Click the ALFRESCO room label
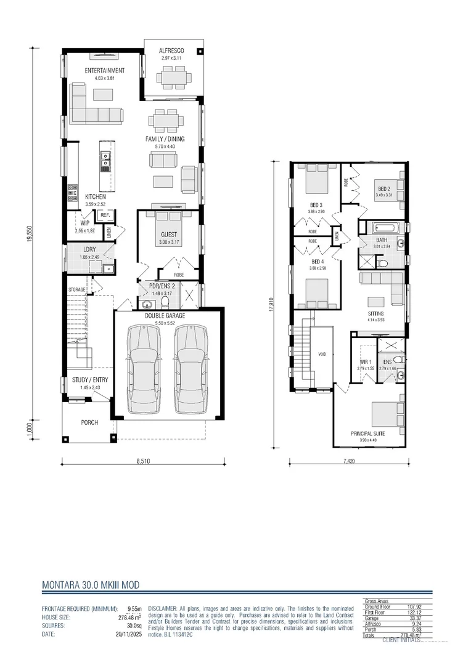click(173, 49)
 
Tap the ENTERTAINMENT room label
click(105, 70)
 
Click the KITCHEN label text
click(96, 196)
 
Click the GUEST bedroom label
click(168, 235)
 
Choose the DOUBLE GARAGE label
click(165, 315)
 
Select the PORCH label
click(89, 422)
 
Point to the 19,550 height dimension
click(29, 232)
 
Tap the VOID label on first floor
click(322, 355)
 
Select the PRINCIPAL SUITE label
click(368, 433)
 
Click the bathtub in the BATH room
click(382, 227)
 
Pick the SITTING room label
click(376, 313)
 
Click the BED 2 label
click(383, 188)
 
